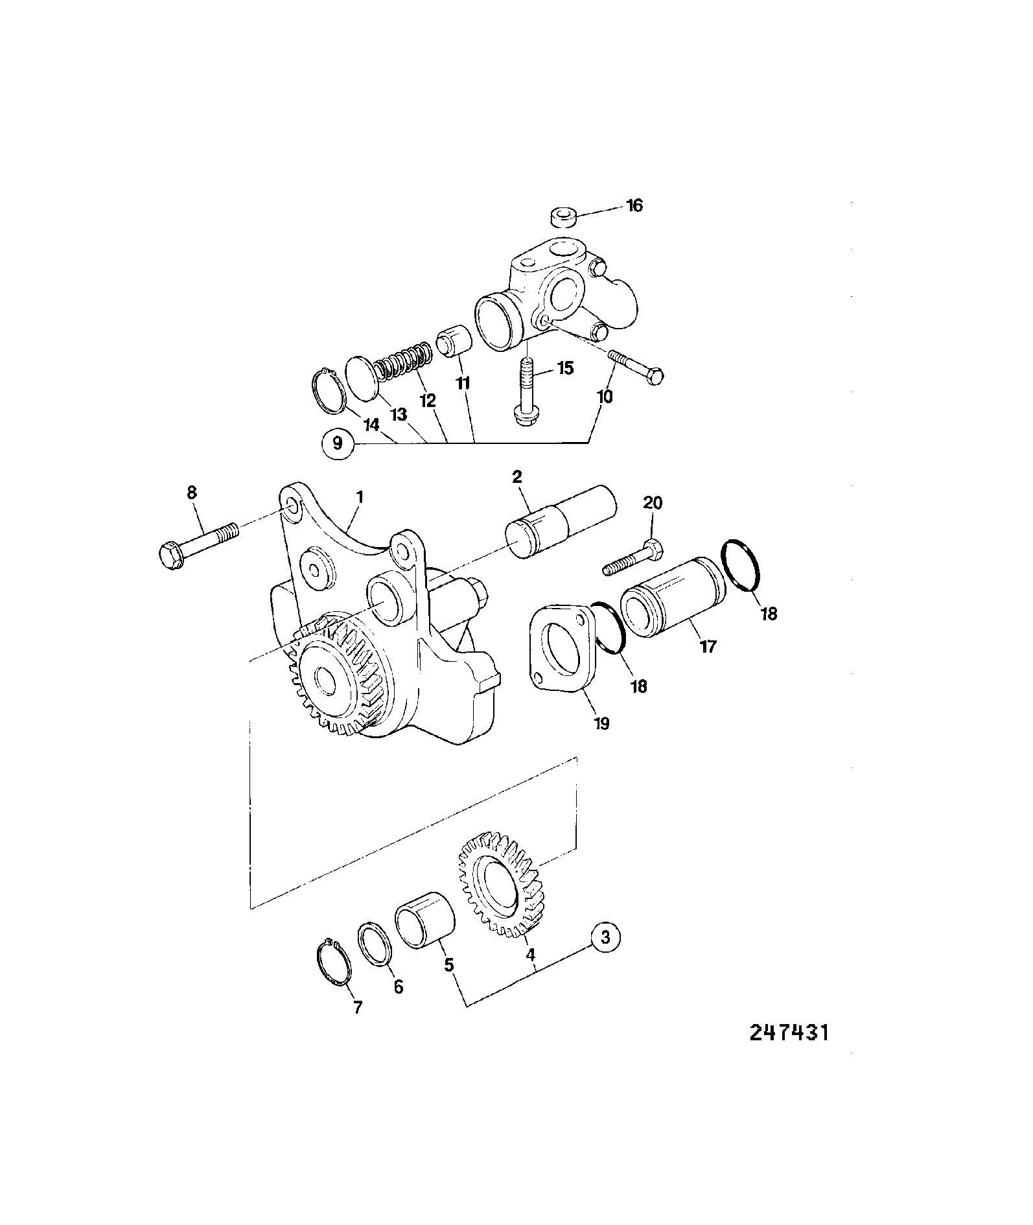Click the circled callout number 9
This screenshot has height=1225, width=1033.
coord(337,444)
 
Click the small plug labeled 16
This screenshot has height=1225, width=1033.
coord(563,217)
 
